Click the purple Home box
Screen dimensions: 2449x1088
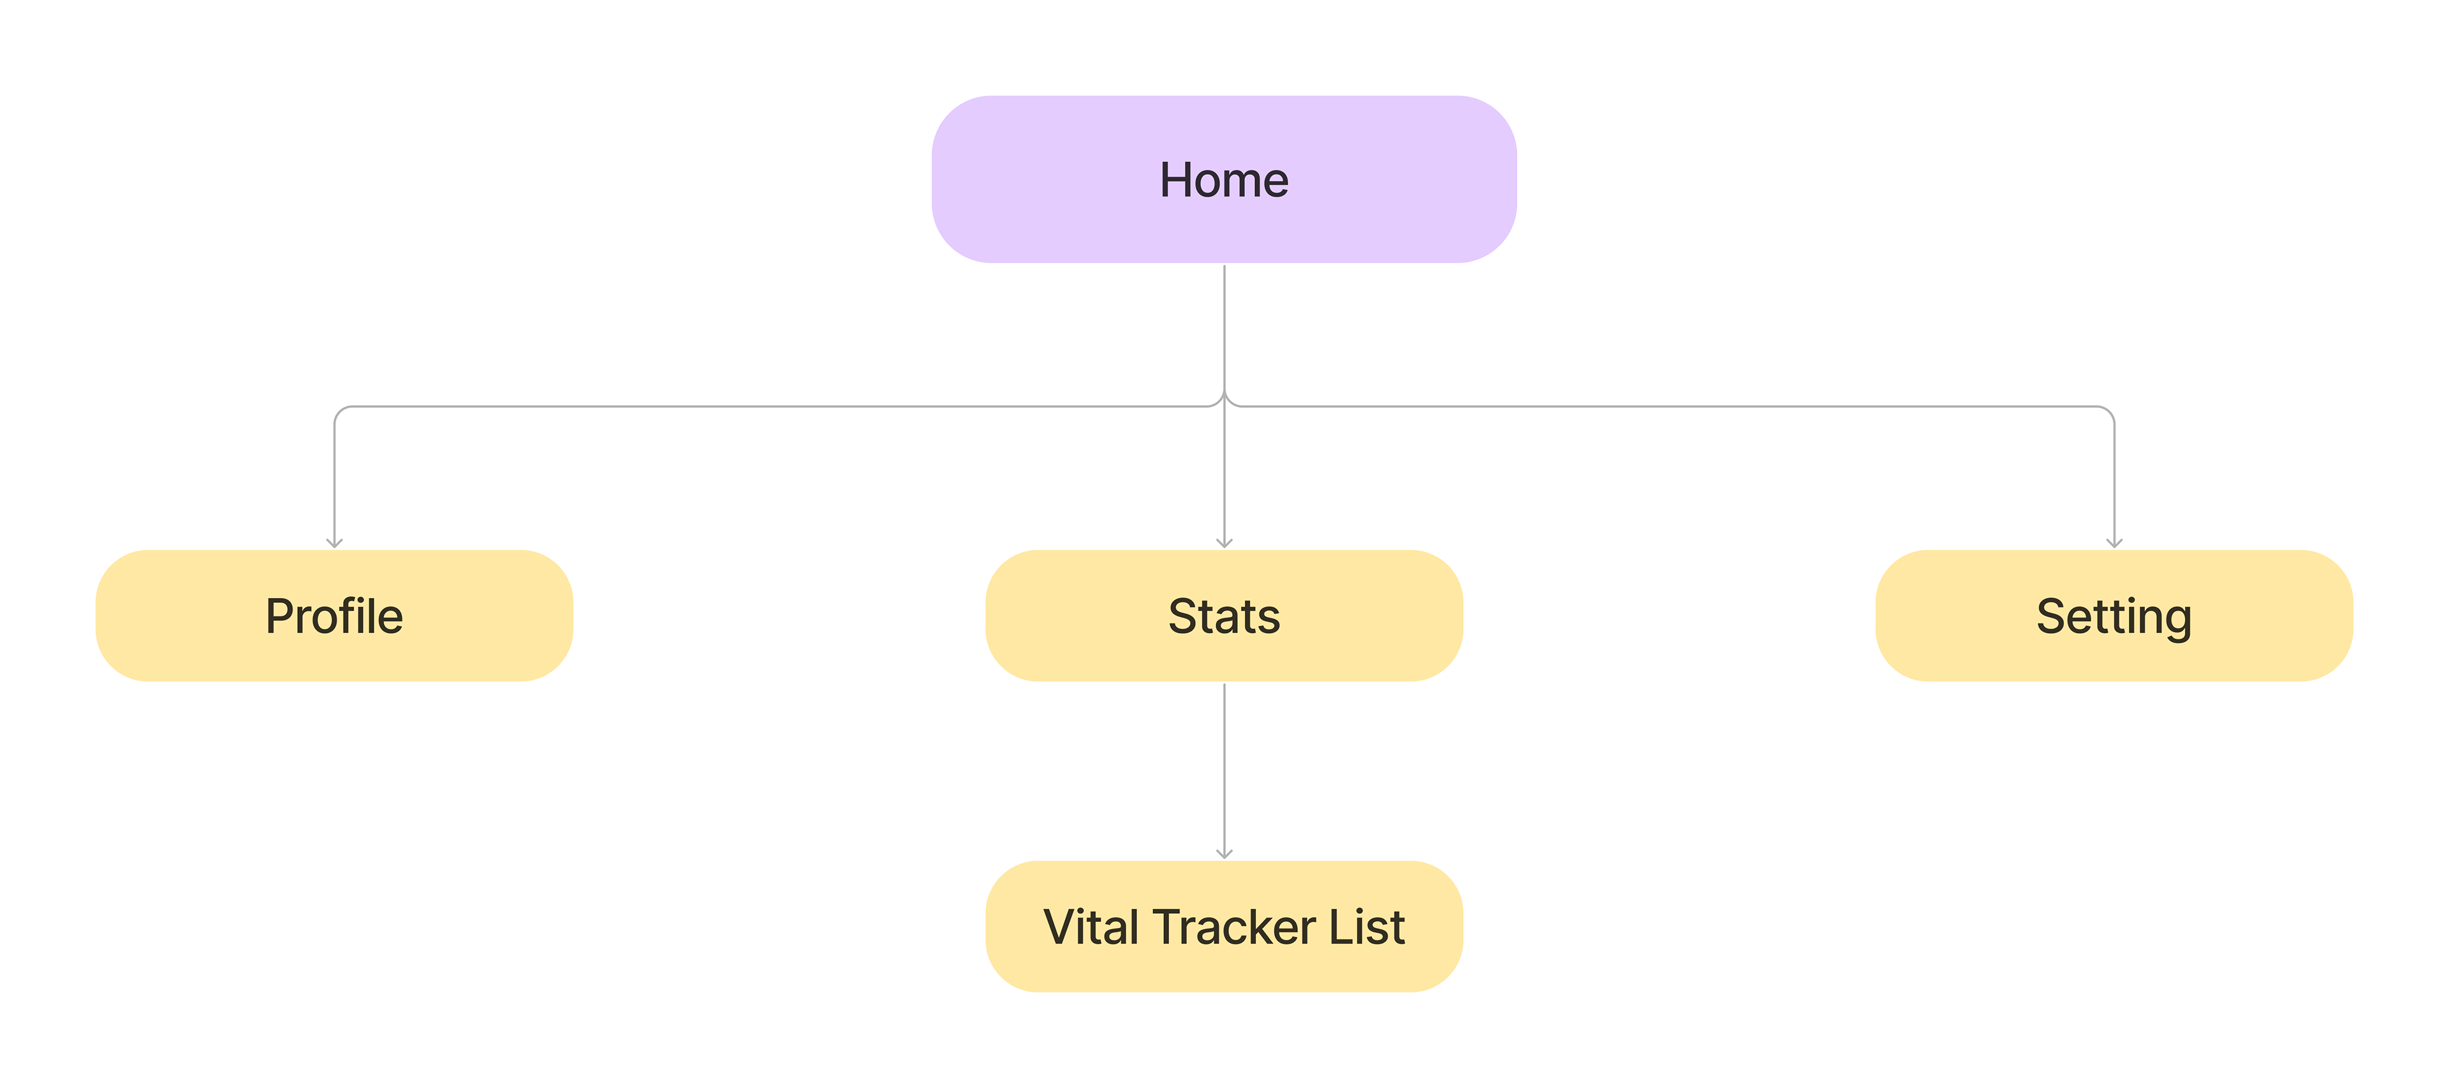tap(1224, 179)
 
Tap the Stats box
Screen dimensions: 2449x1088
tap(1224, 615)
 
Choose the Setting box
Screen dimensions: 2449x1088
tap(2114, 615)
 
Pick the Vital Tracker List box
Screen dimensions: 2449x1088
tap(1224, 927)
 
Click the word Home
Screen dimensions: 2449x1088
tap(1224, 180)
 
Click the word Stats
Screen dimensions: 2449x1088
tap(1224, 616)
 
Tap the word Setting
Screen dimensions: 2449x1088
tap(2114, 619)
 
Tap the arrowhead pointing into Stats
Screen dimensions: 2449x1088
tap(1224, 543)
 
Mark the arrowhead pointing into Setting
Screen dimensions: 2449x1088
tap(2114, 543)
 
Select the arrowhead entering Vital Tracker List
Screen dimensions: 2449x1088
tap(1224, 854)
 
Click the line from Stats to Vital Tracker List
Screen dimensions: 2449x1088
tap(1224, 770)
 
